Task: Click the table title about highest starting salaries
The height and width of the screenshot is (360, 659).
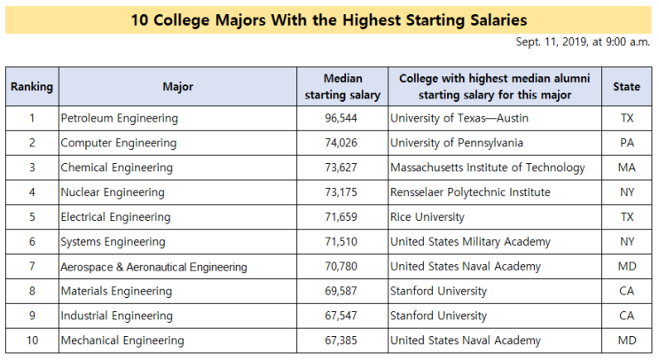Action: pos(329,20)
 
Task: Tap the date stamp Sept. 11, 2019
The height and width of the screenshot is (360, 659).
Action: pos(583,42)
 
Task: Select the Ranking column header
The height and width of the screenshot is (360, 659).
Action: pos(32,87)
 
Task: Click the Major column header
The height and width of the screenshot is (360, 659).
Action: pos(177,87)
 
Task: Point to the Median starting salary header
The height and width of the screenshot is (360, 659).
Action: pos(342,87)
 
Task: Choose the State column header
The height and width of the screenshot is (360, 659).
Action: pos(626,87)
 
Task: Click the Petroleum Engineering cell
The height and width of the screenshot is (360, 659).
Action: pos(120,119)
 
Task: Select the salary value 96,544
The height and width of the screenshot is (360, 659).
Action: pos(341,118)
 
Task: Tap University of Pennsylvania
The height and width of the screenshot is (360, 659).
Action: pos(457,143)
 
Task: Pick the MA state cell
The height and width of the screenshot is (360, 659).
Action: pos(627,168)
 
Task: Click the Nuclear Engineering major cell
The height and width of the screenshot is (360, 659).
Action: pos(113,192)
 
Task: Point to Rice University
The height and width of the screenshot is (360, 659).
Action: pos(428,217)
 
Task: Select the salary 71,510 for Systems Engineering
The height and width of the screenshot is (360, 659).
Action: pos(341,241)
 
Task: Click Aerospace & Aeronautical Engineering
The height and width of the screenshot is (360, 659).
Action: pos(153,267)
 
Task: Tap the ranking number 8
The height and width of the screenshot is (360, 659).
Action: pos(32,291)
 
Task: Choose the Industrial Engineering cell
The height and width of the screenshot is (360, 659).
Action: pos(116,316)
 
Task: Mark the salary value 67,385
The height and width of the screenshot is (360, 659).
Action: pos(341,340)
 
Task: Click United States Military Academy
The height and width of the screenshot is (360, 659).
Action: pos(470,242)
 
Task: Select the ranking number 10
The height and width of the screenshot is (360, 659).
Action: pos(32,340)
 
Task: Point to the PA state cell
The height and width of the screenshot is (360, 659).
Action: pos(627,143)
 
